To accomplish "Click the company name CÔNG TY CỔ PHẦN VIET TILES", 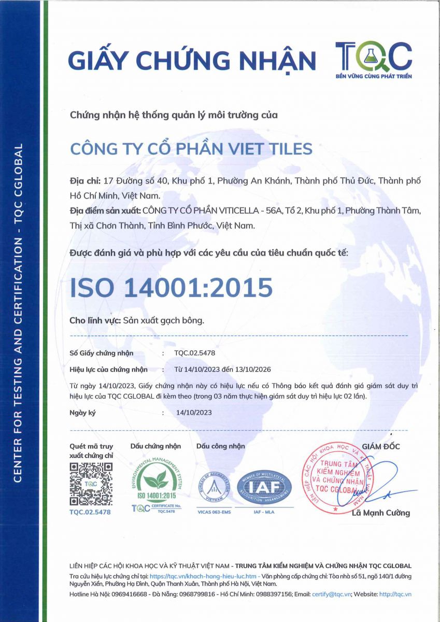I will (191, 149).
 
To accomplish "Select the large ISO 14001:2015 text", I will (171, 288).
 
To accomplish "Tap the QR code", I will (91, 484).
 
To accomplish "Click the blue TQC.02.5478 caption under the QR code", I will (90, 512).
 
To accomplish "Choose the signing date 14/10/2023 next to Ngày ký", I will (194, 413).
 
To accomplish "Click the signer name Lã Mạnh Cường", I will (380, 513).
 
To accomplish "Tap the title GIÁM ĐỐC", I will (381, 446).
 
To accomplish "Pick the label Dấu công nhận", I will (221, 446).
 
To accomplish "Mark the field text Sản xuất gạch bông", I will (164, 320).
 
